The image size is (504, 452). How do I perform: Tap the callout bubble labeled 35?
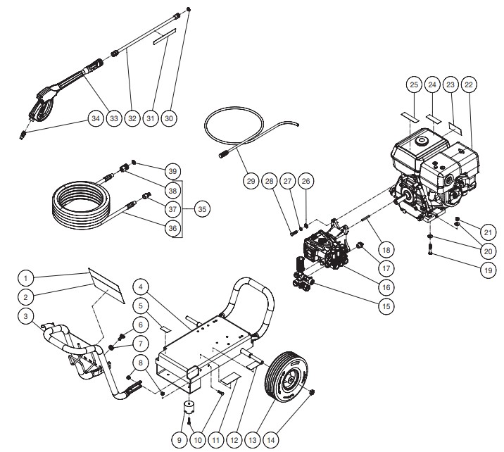tap(203, 209)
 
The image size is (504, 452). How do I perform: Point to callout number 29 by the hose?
tap(251, 181)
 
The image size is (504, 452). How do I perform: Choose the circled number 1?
tap(26, 277)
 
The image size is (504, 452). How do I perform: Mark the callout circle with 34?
tap(94, 119)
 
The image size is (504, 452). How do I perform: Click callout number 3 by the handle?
tap(26, 318)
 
